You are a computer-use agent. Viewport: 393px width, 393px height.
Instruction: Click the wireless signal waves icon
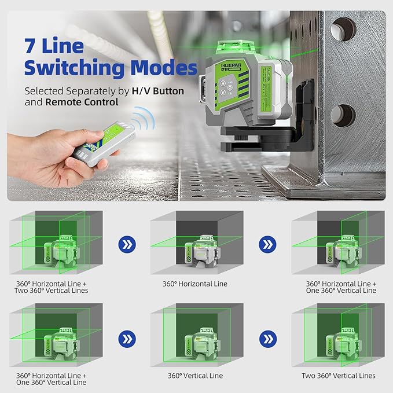coord(139,121)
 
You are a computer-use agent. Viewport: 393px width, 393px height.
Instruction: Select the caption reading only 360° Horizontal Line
coord(195,284)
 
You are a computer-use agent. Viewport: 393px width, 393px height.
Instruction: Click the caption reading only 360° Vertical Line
coord(195,376)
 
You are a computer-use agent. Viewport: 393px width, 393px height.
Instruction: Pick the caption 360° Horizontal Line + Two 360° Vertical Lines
coord(53,287)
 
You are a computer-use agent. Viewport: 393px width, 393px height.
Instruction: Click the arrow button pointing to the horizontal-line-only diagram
coord(126,244)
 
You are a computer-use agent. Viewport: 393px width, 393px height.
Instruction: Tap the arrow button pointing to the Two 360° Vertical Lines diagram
coord(267,337)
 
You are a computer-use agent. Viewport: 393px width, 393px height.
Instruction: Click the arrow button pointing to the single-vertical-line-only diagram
coord(126,337)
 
